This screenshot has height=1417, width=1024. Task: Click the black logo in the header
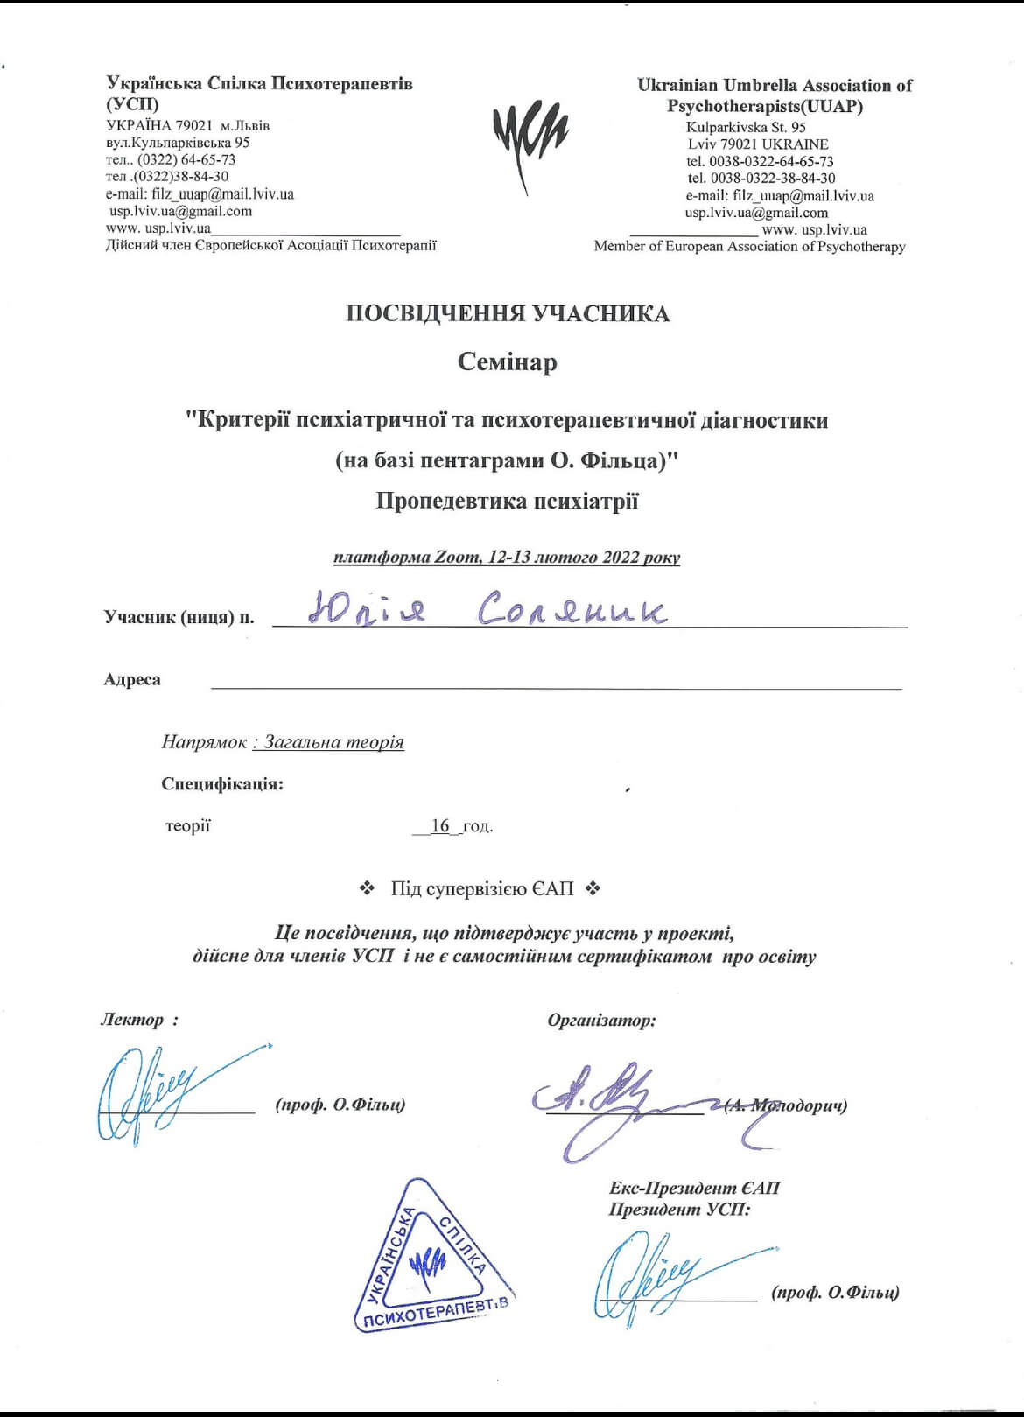[530, 140]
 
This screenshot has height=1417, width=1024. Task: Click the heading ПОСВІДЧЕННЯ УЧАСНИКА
[508, 314]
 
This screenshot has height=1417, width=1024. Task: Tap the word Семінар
[508, 362]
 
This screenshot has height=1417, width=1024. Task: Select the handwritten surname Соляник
[572, 610]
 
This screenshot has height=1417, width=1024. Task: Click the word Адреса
[132, 680]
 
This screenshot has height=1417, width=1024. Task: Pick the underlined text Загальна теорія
[333, 742]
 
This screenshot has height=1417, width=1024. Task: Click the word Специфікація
[222, 784]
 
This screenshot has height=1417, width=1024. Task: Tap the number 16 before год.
[440, 825]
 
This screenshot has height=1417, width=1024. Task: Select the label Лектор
[133, 1020]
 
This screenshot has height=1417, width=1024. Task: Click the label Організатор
[601, 1020]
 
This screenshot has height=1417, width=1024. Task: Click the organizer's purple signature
[613, 1103]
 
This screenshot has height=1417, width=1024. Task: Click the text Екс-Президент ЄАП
[694, 1188]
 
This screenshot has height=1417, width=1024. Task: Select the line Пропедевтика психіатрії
[508, 502]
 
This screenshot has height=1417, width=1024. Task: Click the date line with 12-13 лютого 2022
[507, 558]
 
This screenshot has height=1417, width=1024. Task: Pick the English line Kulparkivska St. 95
[746, 127]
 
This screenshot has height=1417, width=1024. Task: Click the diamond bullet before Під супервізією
[368, 889]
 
